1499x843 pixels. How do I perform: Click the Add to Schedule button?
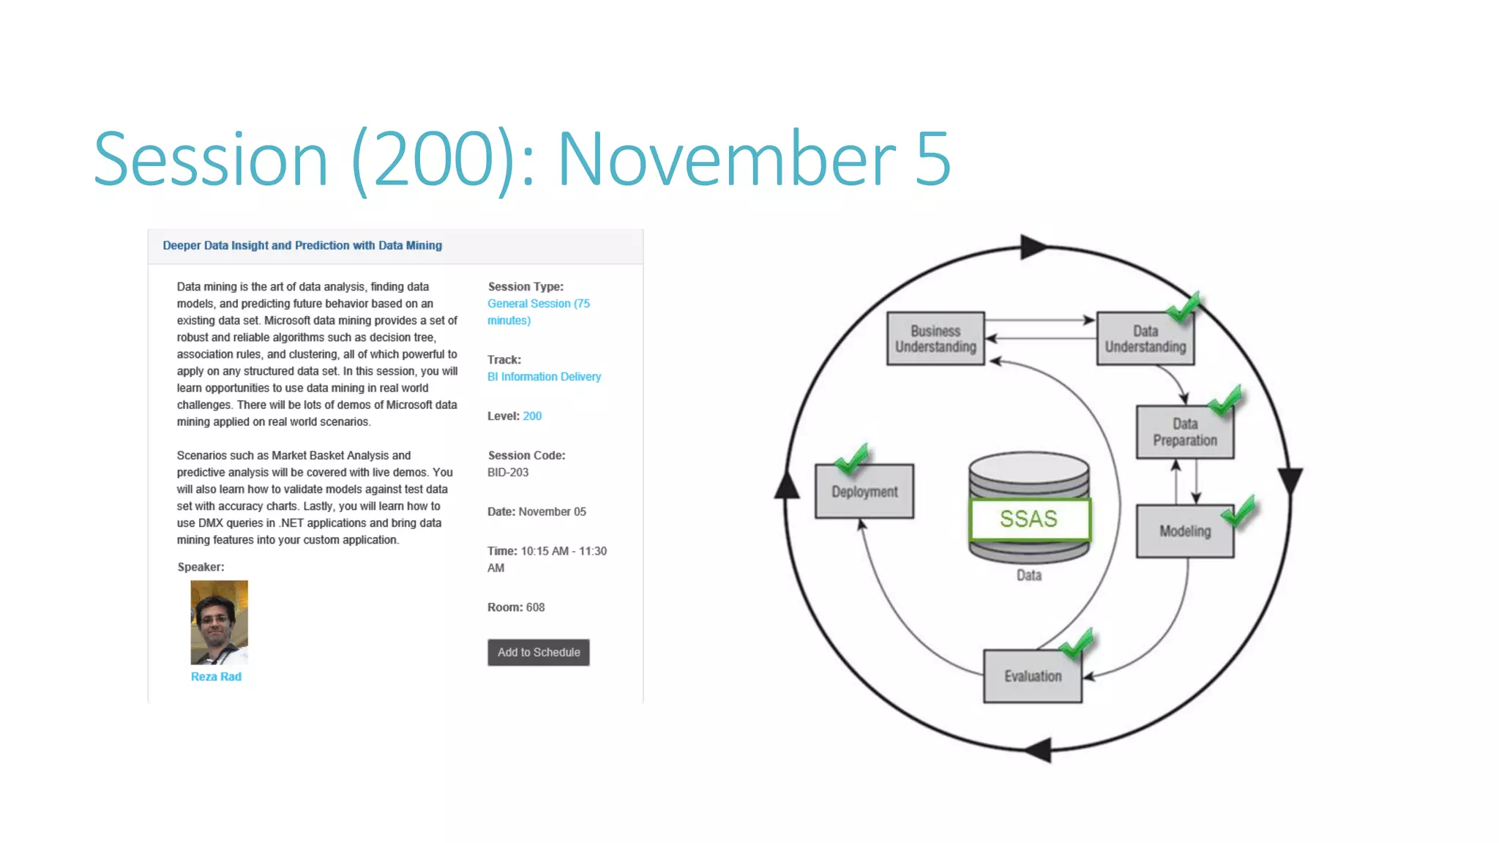[x=538, y=652]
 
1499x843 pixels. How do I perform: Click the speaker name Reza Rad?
[x=216, y=677]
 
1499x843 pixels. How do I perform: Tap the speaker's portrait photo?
[x=219, y=622]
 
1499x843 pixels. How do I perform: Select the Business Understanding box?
[x=935, y=339]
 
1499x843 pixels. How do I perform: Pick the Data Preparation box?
[x=1184, y=432]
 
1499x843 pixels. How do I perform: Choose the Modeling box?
[x=1184, y=531]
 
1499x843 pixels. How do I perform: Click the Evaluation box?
[x=1032, y=676]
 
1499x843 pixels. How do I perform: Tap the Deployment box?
[x=864, y=492]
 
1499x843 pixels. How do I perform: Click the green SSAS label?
[x=1029, y=519]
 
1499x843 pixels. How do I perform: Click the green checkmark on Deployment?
[x=851, y=459]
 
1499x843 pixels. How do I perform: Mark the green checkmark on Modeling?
[x=1239, y=512]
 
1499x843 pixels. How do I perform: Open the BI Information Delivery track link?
[x=544, y=377]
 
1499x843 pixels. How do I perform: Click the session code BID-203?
[x=508, y=473]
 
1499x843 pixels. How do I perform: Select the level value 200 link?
[x=532, y=416]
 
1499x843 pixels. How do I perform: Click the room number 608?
[x=535, y=607]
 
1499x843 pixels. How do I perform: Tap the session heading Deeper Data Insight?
[x=302, y=246]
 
